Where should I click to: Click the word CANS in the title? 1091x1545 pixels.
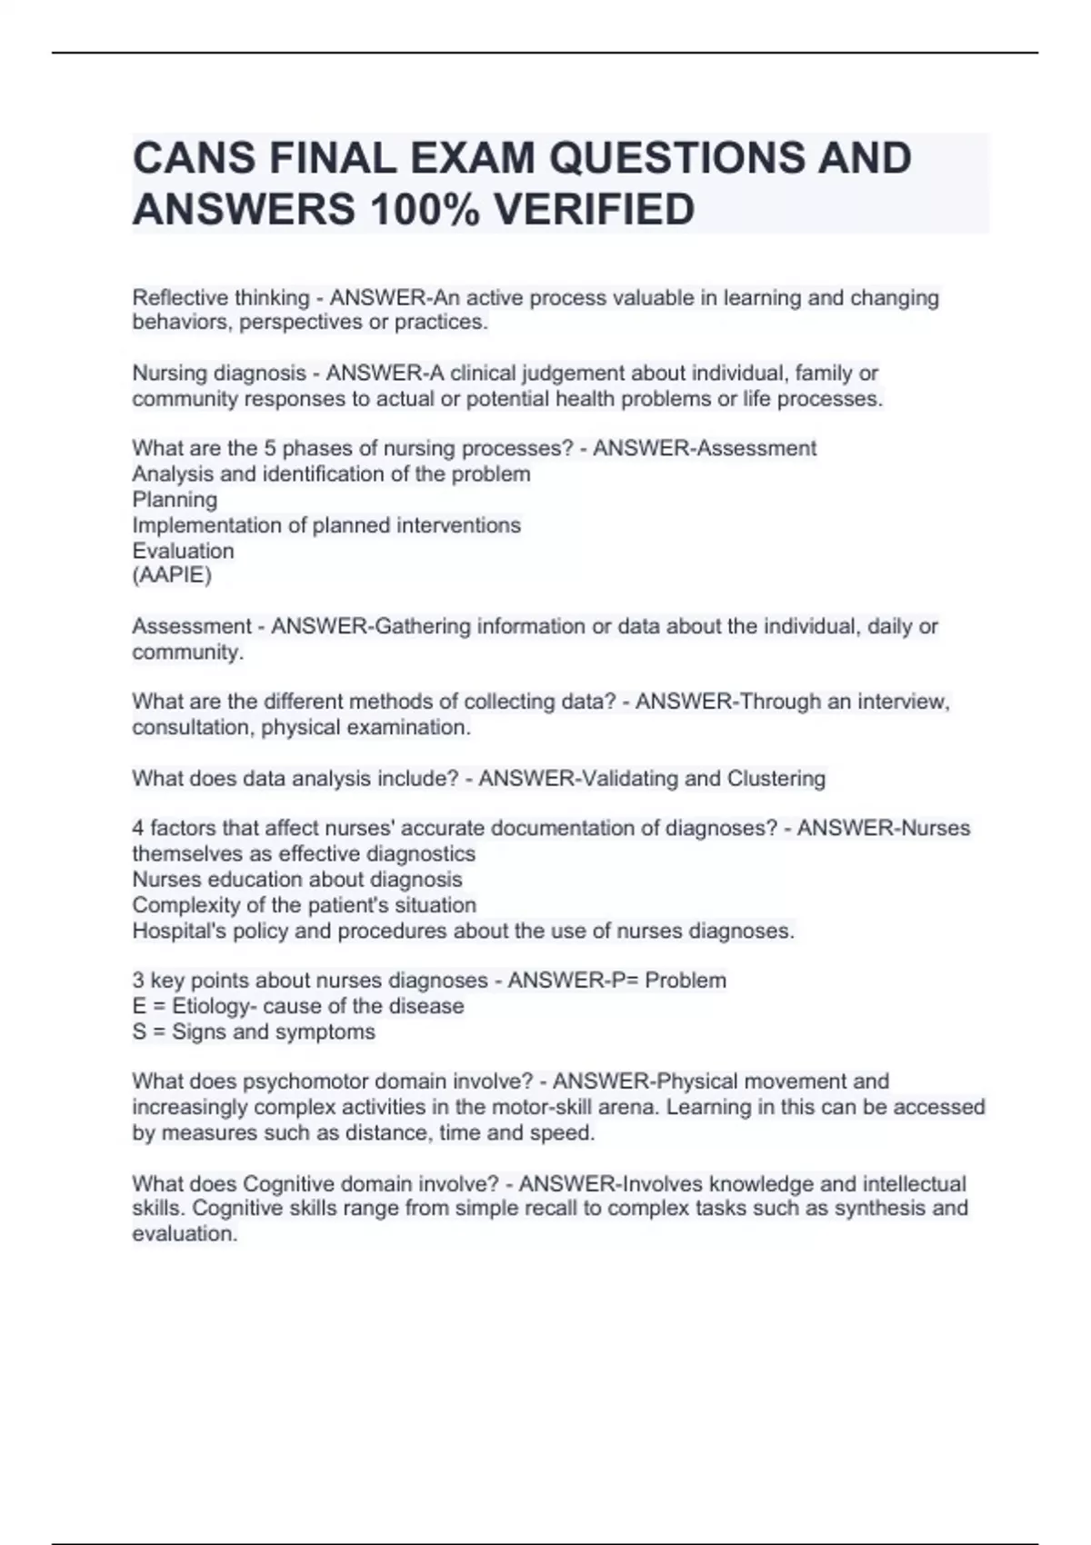[x=194, y=158]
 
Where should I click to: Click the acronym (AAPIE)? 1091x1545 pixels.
[x=172, y=575]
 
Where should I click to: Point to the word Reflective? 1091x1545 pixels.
[x=178, y=298]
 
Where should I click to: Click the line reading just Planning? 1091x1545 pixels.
[x=175, y=500]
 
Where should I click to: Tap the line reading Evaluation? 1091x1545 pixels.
[x=183, y=551]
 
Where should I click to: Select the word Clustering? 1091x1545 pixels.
[x=776, y=779]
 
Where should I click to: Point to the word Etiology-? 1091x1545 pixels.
[x=215, y=1006]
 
